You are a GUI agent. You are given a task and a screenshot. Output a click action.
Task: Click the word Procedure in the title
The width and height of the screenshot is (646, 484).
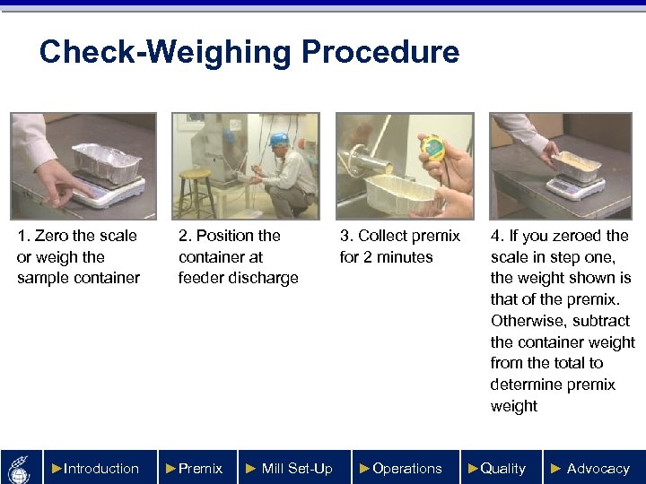pos(380,52)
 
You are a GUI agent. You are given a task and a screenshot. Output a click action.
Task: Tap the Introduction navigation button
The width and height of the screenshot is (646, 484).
pos(100,468)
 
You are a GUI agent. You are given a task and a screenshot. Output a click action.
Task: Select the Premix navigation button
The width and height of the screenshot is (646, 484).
pos(197,468)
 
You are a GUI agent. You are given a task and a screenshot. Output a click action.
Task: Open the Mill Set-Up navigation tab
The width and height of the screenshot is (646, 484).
pos(294,468)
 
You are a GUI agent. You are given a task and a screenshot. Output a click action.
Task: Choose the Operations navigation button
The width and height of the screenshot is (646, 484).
pos(406,468)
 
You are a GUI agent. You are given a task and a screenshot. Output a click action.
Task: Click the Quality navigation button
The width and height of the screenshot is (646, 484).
pos(502,468)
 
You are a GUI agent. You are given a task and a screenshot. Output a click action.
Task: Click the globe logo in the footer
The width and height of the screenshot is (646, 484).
pos(20,470)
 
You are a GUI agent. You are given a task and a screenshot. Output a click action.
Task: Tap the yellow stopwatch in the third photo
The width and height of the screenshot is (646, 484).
pos(432,148)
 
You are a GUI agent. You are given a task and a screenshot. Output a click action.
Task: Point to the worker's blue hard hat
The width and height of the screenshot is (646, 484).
pos(279,139)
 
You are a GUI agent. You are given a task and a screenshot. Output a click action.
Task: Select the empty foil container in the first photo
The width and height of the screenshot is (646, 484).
pos(107,162)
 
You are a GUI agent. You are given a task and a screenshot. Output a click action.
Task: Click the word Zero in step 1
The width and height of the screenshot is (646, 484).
pos(51,236)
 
